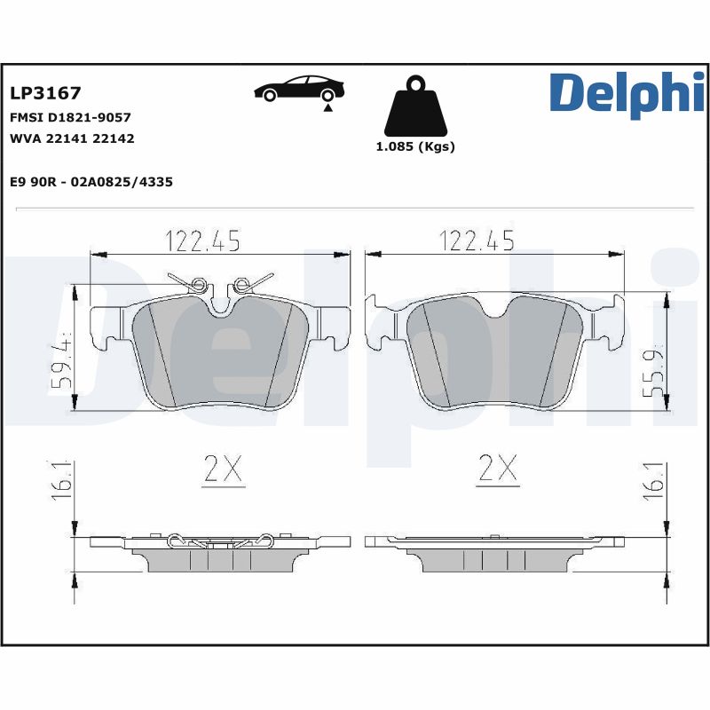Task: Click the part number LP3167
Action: pos(44,93)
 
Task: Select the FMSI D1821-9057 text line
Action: pos(70,117)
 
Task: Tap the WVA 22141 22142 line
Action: pos(72,138)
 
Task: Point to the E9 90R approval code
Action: pos(91,182)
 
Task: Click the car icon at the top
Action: pos(299,89)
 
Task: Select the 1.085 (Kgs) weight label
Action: pos(415,147)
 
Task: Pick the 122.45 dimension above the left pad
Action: pos(202,240)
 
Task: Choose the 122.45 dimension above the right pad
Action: pos(476,240)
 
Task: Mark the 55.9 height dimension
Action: pos(658,367)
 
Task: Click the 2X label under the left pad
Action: pos(222,469)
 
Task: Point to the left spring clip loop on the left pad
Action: pos(200,285)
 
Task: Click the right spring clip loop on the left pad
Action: pos(240,285)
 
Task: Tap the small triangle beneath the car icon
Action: pos(327,107)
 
